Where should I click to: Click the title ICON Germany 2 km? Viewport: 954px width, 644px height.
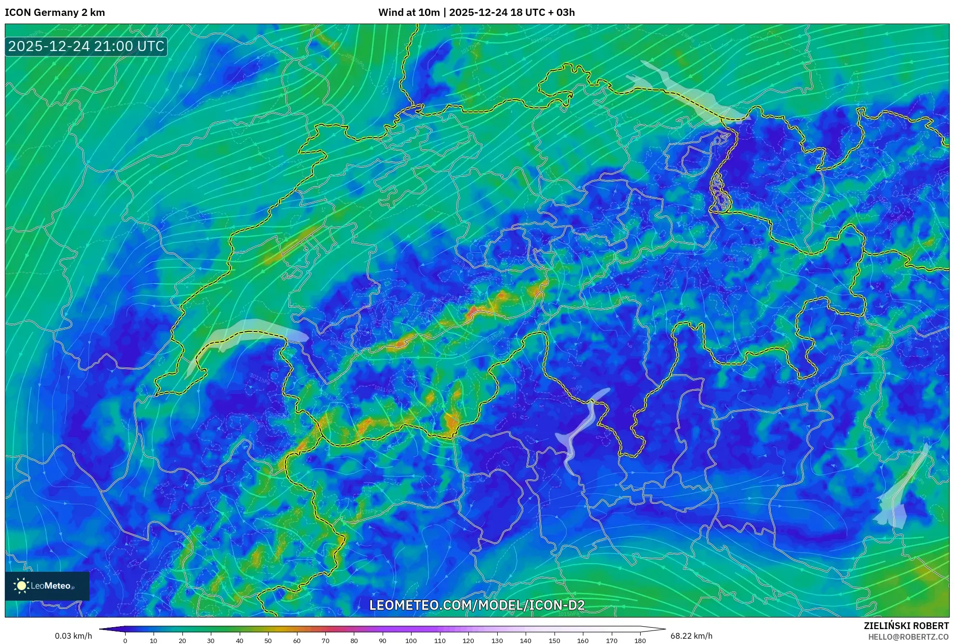coord(55,13)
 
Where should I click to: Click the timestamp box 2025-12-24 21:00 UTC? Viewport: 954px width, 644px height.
coord(86,46)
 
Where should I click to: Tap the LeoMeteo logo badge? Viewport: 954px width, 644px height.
coord(47,586)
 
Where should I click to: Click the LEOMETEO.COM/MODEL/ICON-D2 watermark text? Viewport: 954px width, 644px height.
coord(477,605)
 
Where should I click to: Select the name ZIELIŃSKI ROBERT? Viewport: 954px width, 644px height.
coord(906,626)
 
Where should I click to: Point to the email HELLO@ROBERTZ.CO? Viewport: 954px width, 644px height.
coord(908,637)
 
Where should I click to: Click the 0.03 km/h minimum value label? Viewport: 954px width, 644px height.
coord(73,636)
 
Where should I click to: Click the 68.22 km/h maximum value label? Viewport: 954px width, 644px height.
coord(691,636)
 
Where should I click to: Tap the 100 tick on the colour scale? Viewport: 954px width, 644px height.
coord(411,641)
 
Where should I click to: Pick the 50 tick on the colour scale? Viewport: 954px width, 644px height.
coord(268,641)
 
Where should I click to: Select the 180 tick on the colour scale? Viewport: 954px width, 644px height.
coord(640,641)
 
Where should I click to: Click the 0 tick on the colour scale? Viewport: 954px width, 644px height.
coord(125,641)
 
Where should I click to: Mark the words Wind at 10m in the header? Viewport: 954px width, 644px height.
coord(409,13)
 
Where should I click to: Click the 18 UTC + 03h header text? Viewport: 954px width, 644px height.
coord(542,13)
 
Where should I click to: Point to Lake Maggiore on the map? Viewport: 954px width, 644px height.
coord(580,429)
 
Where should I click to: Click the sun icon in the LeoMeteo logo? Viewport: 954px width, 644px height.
coord(21,586)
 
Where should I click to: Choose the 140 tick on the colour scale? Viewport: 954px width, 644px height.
coord(525,641)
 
